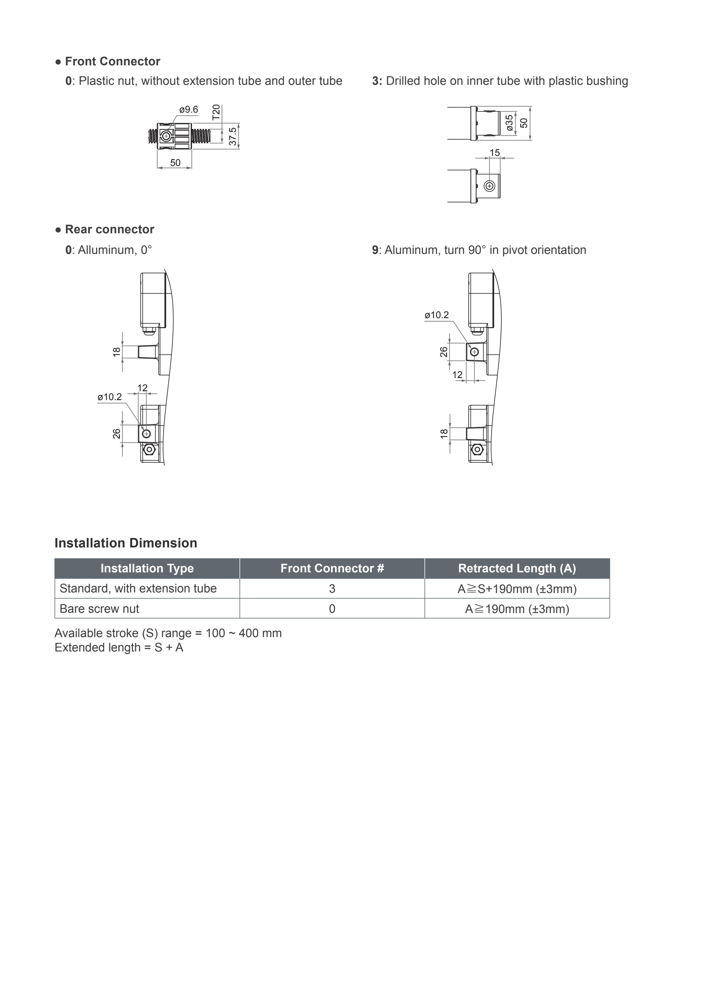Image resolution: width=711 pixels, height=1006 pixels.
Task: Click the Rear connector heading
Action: pyautogui.click(x=109, y=230)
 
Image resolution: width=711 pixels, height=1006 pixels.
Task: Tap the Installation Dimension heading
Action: pyautogui.click(x=126, y=543)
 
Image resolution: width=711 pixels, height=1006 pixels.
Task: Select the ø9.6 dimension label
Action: pyautogui.click(x=189, y=109)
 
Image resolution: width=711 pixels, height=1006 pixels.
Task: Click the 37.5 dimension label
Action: pyautogui.click(x=233, y=136)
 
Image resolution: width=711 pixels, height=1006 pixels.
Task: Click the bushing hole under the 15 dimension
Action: pyautogui.click(x=490, y=186)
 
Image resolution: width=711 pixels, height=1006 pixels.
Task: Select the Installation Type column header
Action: pyautogui.click(x=147, y=568)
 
